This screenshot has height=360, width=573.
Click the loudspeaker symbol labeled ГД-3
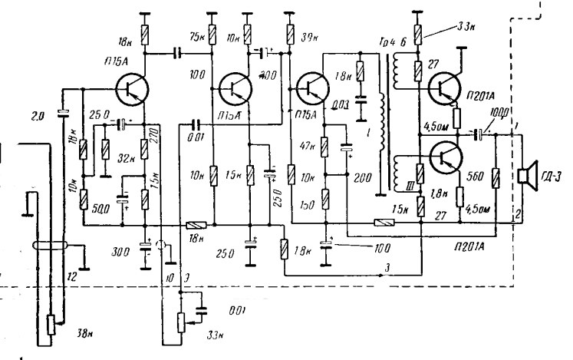click(527, 177)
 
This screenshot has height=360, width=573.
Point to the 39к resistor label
click(311, 38)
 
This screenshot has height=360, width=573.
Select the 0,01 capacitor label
click(195, 137)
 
